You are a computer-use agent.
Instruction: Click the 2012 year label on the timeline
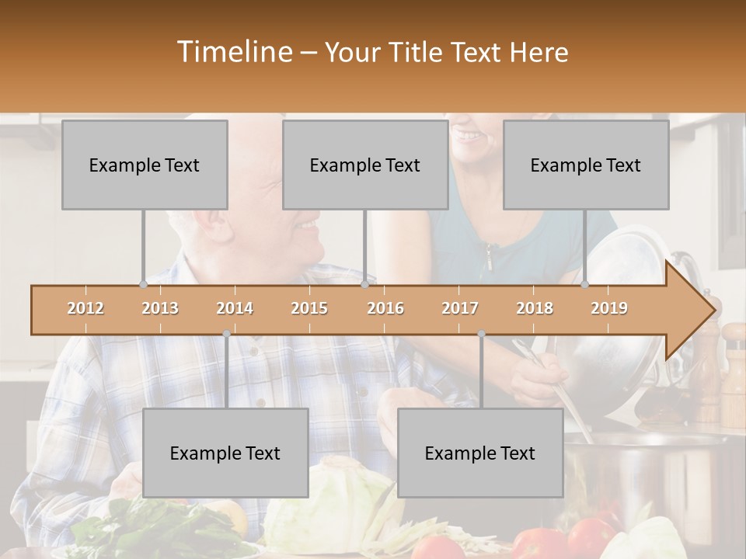point(85,308)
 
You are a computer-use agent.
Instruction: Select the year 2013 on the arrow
point(160,308)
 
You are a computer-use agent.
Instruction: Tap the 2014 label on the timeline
point(235,308)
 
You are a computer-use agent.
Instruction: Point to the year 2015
point(309,308)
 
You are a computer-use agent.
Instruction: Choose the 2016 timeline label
point(385,308)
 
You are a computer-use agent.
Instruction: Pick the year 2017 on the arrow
point(460,308)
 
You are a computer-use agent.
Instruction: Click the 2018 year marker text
point(535,308)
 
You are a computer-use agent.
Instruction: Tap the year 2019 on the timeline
point(609,308)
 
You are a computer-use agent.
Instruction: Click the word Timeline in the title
point(233,52)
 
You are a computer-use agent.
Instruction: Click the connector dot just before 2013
point(144,284)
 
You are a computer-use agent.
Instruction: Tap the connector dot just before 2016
point(364,284)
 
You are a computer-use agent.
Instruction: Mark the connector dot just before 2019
point(585,284)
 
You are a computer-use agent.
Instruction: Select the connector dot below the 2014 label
point(226,334)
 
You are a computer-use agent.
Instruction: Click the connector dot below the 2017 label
point(481,334)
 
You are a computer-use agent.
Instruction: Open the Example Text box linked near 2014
point(225,453)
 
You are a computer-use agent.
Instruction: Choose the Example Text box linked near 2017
point(480,453)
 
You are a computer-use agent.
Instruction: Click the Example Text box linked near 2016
point(365,165)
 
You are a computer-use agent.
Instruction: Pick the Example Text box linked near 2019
point(586,165)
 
